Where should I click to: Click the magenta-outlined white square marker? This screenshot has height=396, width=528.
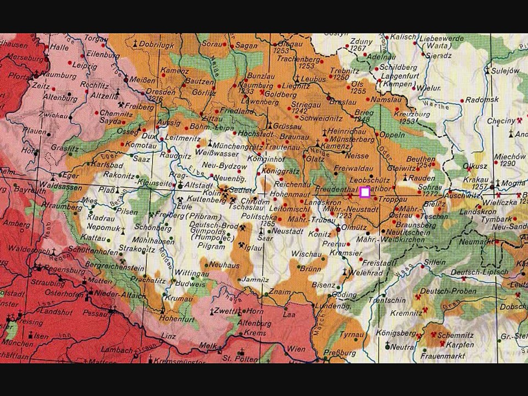click(x=364, y=192)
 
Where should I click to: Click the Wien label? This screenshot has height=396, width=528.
click(x=296, y=349)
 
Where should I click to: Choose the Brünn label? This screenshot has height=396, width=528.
click(x=311, y=269)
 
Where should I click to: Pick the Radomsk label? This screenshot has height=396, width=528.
click(x=482, y=100)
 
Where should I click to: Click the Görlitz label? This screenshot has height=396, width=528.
click(x=204, y=93)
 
